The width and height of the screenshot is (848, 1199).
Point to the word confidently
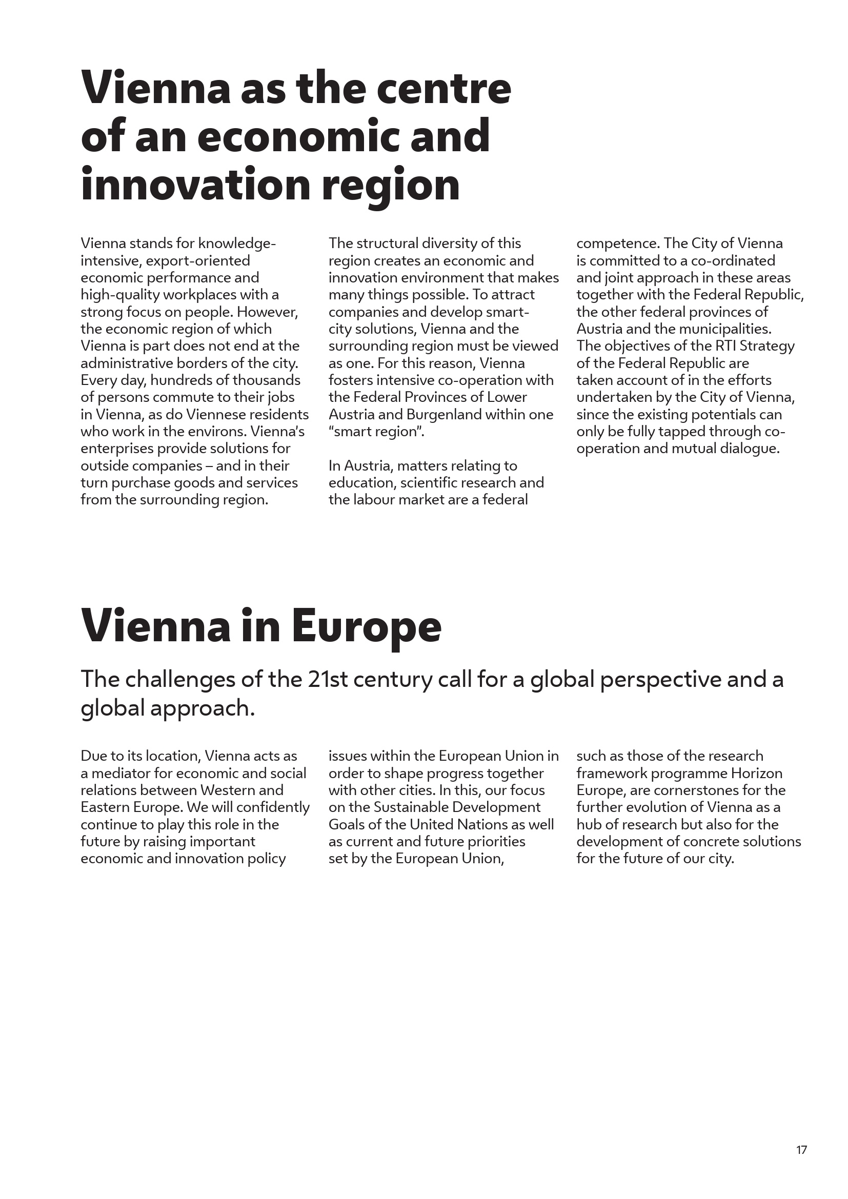[x=273, y=807]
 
